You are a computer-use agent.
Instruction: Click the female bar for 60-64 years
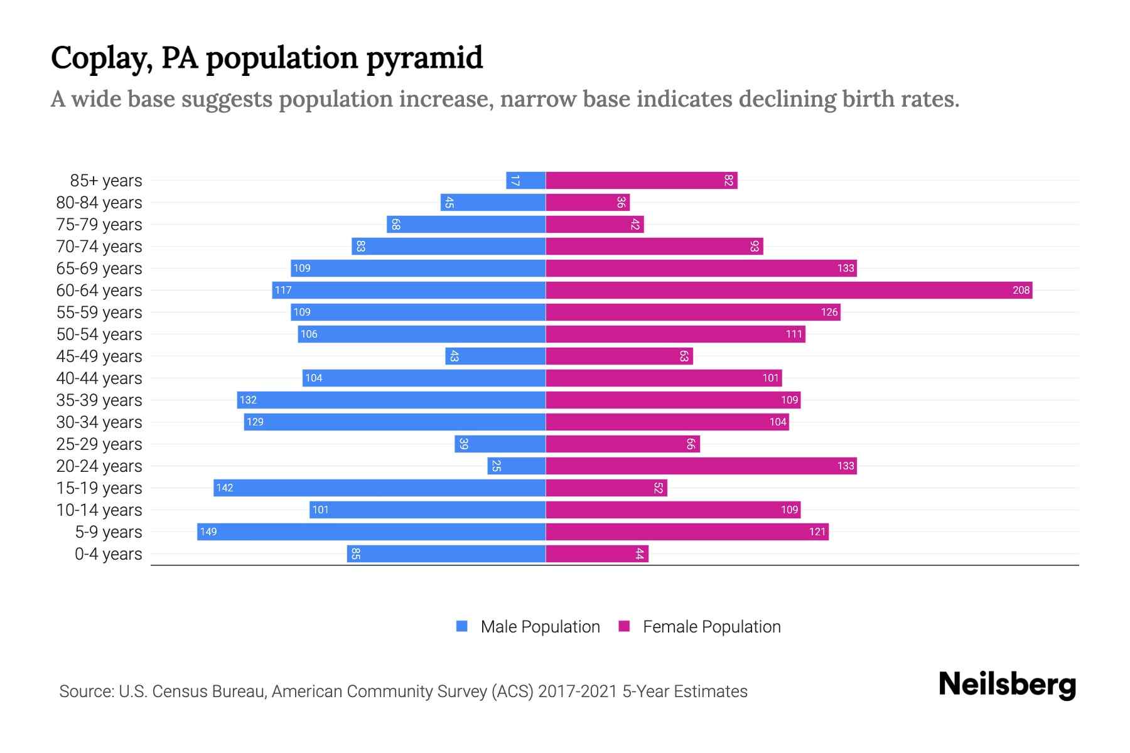pos(788,290)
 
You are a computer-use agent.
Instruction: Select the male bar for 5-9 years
pos(371,531)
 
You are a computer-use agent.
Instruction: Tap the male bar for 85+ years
pos(526,181)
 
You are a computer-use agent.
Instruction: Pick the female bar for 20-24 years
pos(701,466)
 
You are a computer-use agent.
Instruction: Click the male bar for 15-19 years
pos(379,488)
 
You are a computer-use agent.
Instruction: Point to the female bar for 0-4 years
pos(596,553)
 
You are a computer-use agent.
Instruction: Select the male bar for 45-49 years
pos(495,356)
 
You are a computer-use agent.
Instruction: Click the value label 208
pos(1021,290)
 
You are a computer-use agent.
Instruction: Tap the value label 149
pos(208,531)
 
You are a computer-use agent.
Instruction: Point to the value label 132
pos(248,400)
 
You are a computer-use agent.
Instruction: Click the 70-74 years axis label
pos(99,247)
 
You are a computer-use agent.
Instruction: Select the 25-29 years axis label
pos(99,444)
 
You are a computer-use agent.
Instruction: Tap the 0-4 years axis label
pos(108,554)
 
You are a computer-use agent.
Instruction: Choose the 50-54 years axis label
pos(99,334)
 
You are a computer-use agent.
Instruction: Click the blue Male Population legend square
pos(462,626)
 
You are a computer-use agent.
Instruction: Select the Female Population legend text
pos(711,626)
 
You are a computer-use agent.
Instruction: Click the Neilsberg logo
pos(1007,685)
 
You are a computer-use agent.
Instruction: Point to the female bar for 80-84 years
pos(588,202)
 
